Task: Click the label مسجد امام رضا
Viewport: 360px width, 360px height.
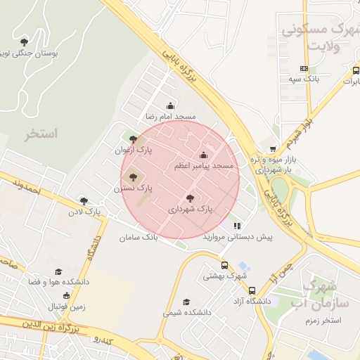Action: (170, 116)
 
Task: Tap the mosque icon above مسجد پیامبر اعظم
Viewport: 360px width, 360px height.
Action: (204, 155)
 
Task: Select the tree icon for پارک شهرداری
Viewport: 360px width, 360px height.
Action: (190, 199)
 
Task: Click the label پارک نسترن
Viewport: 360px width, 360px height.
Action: (134, 188)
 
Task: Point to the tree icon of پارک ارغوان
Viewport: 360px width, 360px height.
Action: (134, 139)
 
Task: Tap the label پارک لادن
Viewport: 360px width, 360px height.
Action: (84, 211)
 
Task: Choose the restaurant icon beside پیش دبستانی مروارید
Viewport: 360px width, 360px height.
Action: (238, 226)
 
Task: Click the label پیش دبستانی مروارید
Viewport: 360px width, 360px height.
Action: (238, 237)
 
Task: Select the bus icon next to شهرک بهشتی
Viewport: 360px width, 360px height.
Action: (224, 266)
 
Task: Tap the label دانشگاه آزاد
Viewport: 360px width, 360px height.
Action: (252, 300)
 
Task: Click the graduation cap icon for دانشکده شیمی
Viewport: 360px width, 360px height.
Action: (186, 302)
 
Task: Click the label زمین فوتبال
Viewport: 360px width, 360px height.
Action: (67, 307)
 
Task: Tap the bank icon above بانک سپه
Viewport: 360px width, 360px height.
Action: (304, 68)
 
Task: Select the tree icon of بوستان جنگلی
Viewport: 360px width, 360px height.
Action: (25, 42)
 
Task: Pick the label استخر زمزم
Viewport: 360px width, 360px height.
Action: (324, 321)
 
